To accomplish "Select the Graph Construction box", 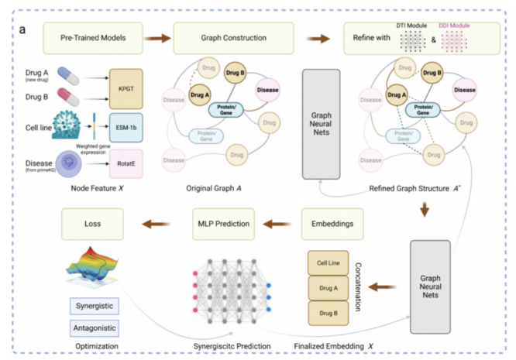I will [x=232, y=38].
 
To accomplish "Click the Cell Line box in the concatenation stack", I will [x=330, y=263].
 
